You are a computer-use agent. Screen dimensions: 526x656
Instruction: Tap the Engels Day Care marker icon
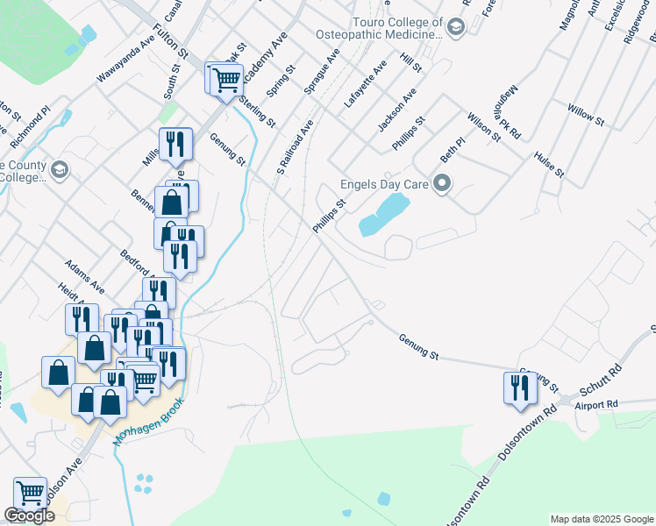point(443,185)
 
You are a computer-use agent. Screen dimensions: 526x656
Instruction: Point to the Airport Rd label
point(596,404)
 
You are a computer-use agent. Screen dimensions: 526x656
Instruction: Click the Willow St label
point(586,115)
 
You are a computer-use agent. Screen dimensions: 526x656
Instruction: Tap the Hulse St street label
point(548,164)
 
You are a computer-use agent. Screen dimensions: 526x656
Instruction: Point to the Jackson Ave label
point(396,110)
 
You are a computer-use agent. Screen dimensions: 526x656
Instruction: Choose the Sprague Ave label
point(321,71)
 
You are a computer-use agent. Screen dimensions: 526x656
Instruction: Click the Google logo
point(29,516)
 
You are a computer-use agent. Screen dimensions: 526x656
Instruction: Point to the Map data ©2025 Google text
point(602,519)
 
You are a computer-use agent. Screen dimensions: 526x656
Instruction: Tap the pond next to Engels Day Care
point(385,214)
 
